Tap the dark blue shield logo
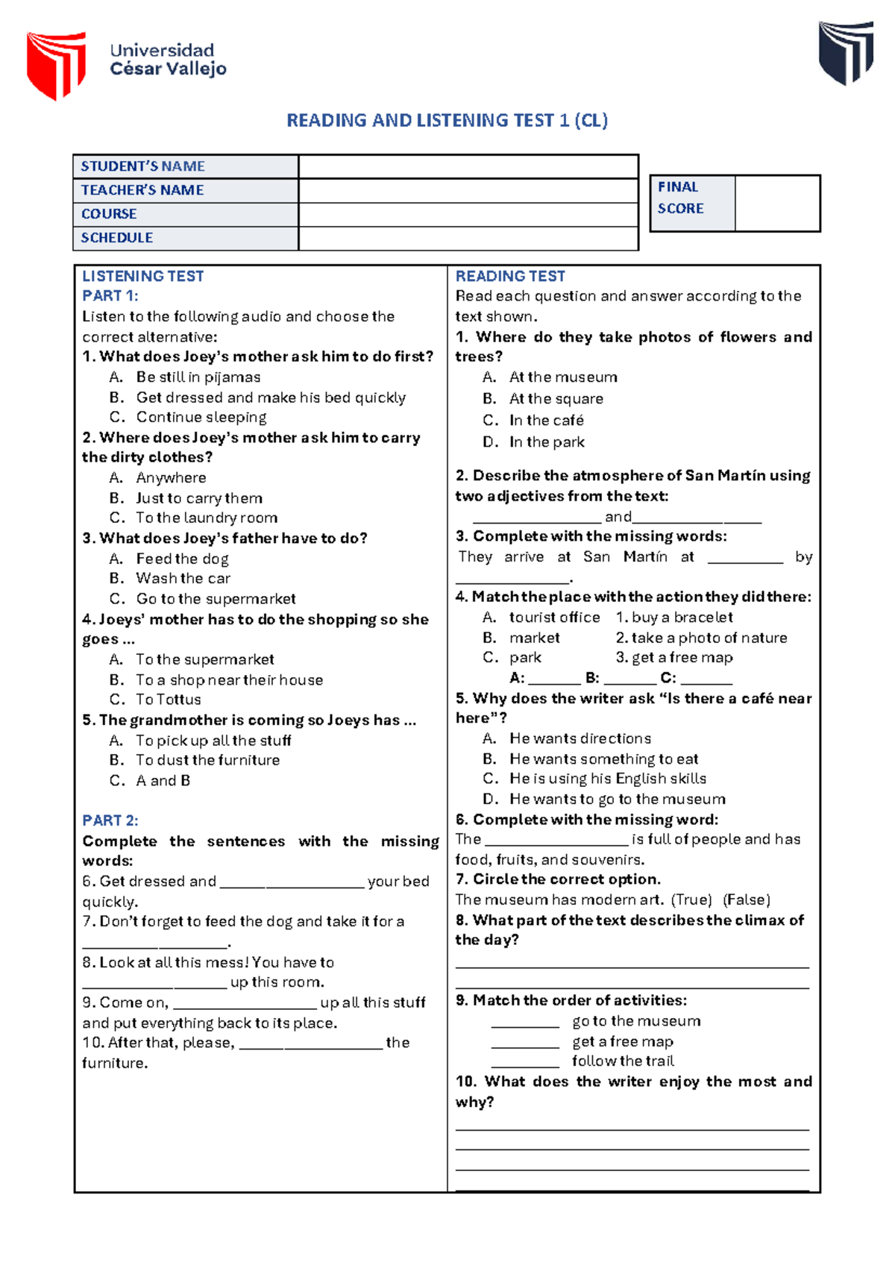point(846,52)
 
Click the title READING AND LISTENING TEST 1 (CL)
point(447,120)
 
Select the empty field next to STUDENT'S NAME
point(468,166)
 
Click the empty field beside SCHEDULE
point(468,238)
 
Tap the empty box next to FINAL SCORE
point(776,203)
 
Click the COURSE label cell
point(185,214)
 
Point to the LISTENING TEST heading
point(142,276)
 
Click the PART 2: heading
point(110,820)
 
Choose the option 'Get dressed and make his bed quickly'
point(271,398)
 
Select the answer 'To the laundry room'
point(207,518)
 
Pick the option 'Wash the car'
point(183,578)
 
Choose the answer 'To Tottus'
point(169,700)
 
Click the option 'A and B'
point(163,780)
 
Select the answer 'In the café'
point(547,420)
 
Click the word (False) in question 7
point(747,900)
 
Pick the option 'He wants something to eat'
point(604,759)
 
